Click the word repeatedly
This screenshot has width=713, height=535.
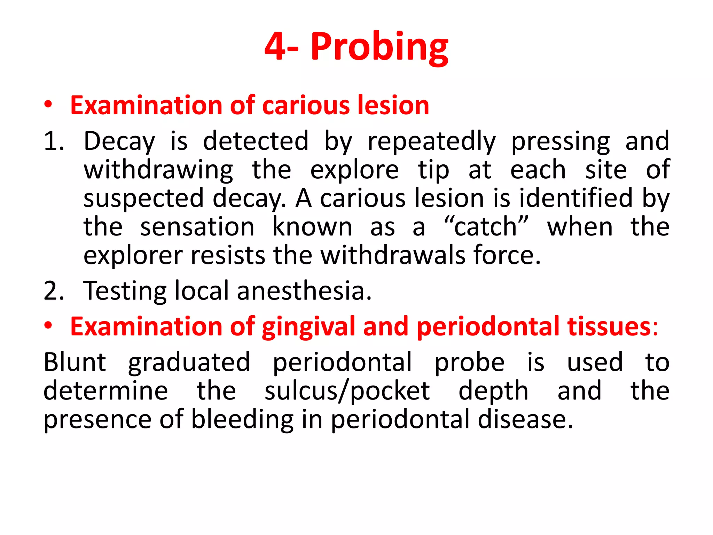click(432, 142)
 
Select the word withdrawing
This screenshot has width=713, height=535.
click(158, 170)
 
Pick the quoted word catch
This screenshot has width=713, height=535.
click(486, 227)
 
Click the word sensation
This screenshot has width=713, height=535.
click(197, 227)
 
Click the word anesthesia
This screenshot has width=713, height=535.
click(304, 291)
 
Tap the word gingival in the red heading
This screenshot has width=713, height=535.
click(308, 327)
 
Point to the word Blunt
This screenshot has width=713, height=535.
click(75, 362)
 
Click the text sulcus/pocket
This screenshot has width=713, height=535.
click(347, 391)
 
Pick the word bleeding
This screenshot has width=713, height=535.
click(242, 419)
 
